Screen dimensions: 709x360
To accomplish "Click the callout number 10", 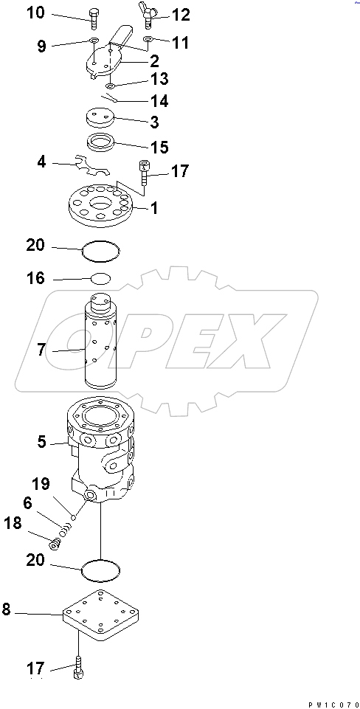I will coord(35,13).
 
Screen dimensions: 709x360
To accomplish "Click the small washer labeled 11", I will coord(148,39).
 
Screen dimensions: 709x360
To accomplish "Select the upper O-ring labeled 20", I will coord(100,252).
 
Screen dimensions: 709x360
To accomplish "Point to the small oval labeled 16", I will coord(101,279).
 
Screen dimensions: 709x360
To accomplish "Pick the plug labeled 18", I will coord(54,544).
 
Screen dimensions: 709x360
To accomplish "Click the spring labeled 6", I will coord(66,528).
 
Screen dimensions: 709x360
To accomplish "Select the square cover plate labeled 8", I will coord(101,616).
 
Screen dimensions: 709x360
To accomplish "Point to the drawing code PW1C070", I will coord(333,702).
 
